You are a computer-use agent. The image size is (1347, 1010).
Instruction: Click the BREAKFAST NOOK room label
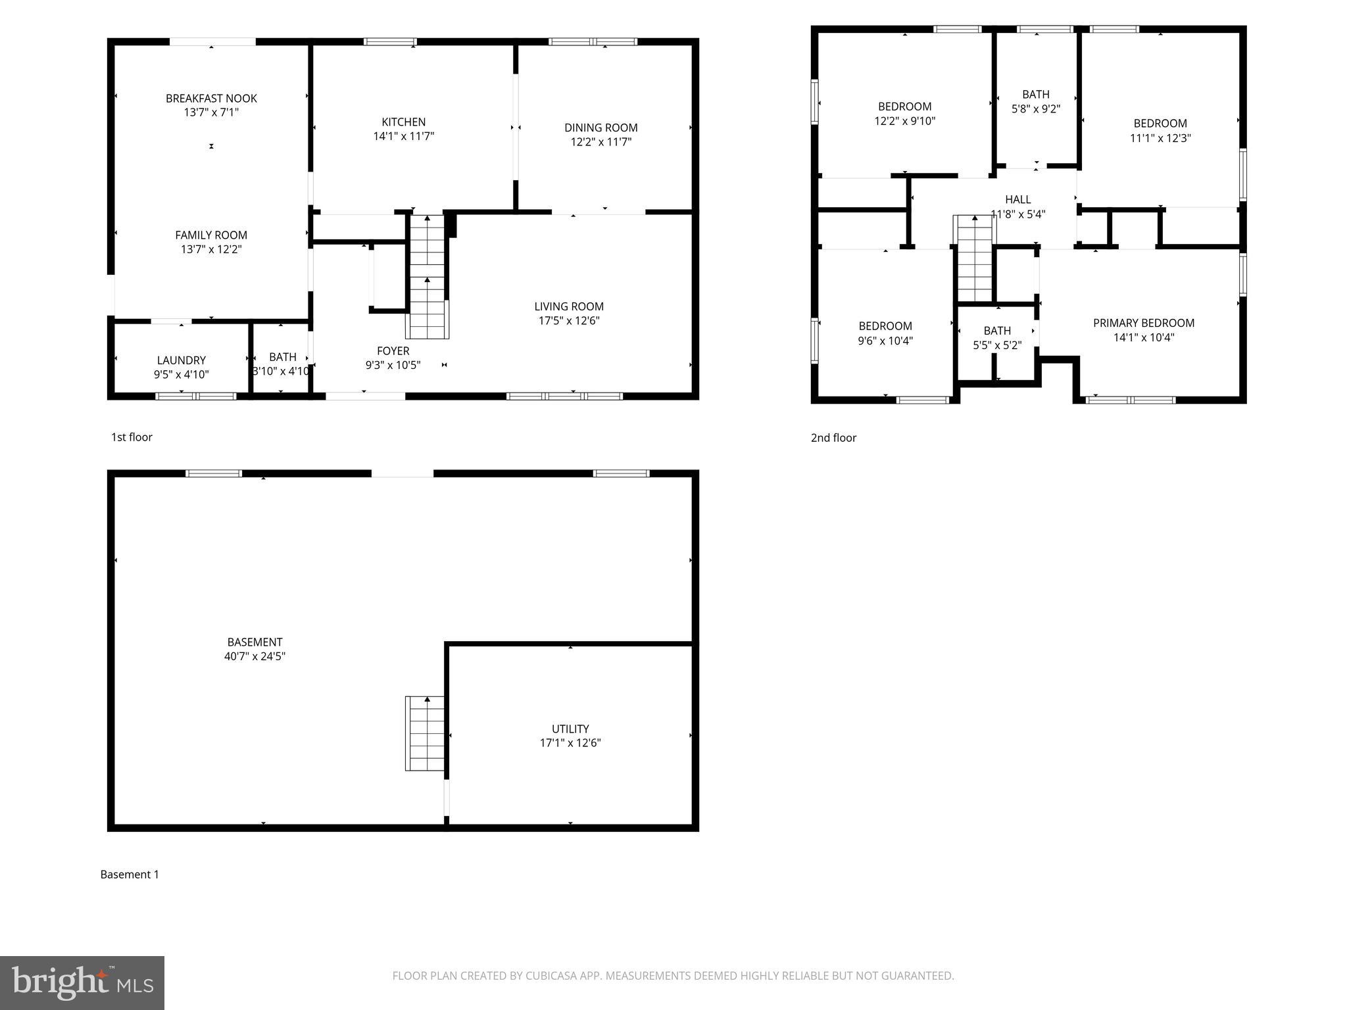[211, 99]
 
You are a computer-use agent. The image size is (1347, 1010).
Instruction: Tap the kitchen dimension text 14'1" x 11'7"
[404, 136]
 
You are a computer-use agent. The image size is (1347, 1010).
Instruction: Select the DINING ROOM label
[600, 128]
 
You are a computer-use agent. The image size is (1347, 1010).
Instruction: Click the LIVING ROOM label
[568, 306]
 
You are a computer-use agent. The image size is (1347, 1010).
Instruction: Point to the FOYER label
[393, 351]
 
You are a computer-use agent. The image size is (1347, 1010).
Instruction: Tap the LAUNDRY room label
[181, 360]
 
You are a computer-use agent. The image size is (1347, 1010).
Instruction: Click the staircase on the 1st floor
[428, 276]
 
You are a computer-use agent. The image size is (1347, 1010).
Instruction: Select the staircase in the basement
[425, 733]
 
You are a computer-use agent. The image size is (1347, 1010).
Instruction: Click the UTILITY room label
[570, 729]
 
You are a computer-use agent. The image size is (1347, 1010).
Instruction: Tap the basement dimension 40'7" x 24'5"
[255, 656]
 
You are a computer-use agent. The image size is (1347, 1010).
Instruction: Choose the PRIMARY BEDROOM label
[1143, 323]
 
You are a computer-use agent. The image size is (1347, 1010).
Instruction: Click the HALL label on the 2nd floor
[1017, 199]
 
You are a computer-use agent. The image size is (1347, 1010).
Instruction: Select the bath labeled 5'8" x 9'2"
[1035, 102]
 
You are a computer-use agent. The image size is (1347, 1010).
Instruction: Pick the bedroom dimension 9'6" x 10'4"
[885, 341]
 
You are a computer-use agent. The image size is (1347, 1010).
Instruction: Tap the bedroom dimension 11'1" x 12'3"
[1160, 138]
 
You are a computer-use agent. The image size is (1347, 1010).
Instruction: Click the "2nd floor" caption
[833, 438]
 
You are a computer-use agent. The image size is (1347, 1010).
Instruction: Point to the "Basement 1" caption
[130, 875]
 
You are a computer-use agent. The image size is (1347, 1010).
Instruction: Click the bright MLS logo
[82, 983]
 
